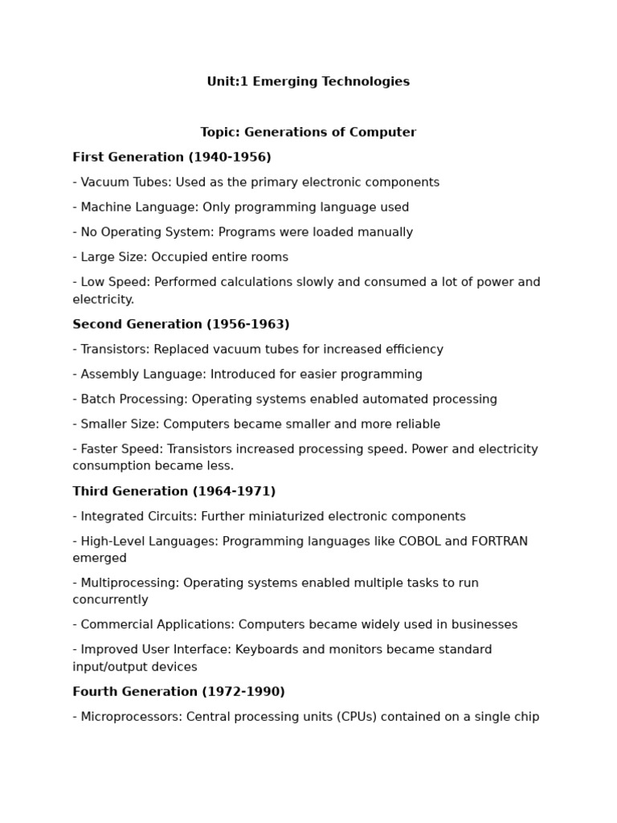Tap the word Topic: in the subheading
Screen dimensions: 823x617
coord(219,132)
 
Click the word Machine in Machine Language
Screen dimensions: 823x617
coord(105,207)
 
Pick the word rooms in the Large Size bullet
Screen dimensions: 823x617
coord(270,257)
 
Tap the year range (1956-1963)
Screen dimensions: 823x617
coord(247,324)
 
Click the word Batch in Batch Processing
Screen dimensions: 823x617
coord(98,399)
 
